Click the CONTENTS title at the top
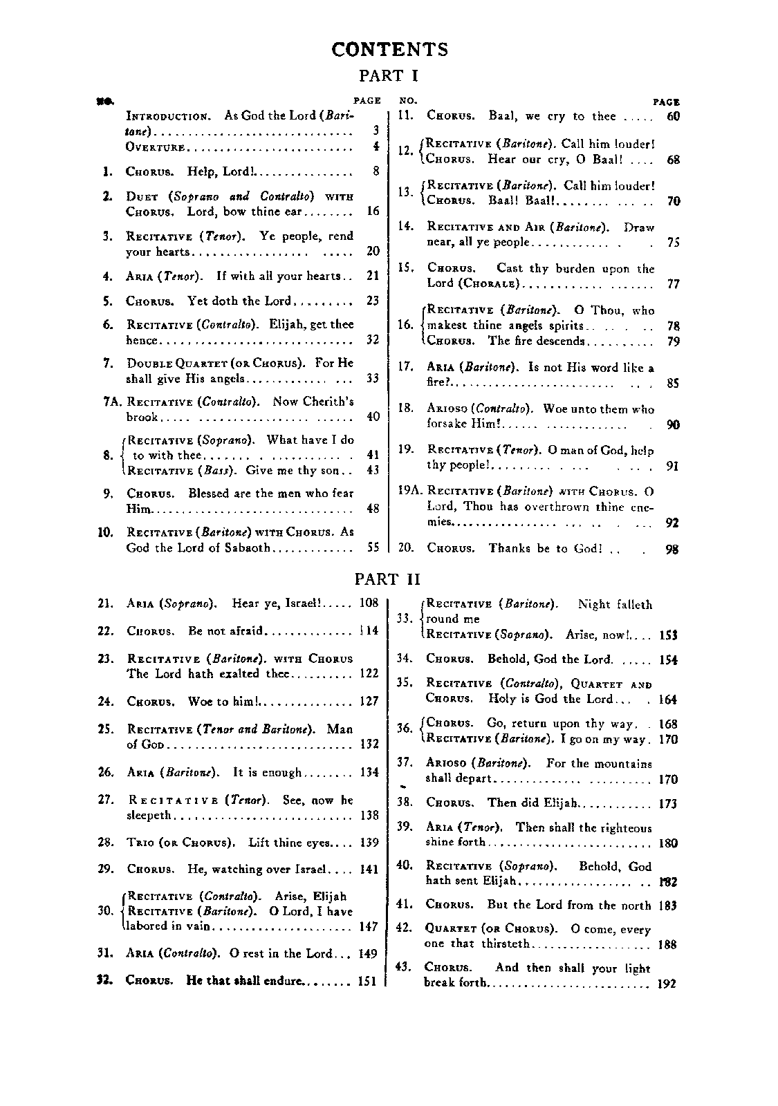click(389, 49)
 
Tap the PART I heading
click(388, 75)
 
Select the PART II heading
click(387, 579)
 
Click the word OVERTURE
click(155, 147)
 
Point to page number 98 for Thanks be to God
click(672, 550)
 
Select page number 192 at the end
click(667, 984)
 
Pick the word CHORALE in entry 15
click(492, 283)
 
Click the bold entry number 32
click(105, 980)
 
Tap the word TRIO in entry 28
click(140, 843)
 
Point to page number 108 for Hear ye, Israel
click(369, 603)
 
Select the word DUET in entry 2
click(142, 196)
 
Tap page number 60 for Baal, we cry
click(673, 116)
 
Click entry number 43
click(403, 967)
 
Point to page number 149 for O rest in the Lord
click(368, 954)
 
